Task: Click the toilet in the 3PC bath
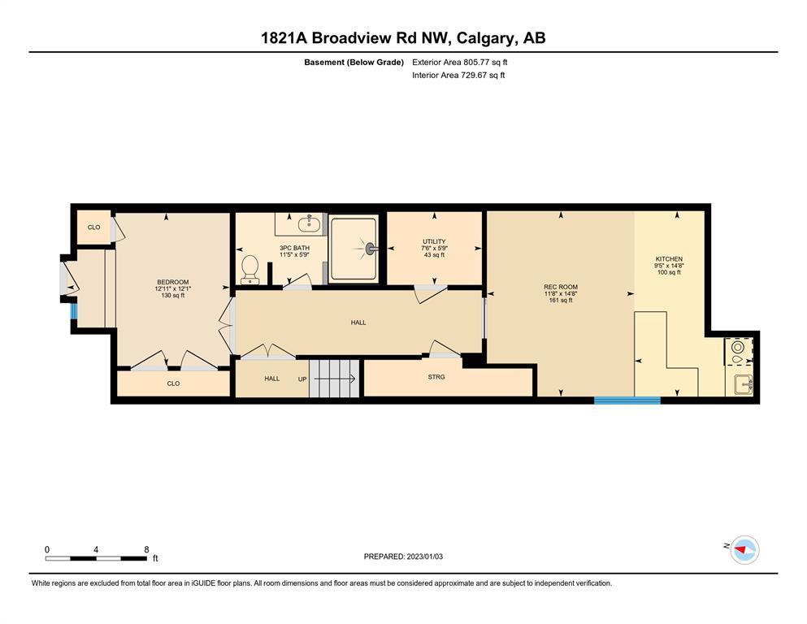[250, 269]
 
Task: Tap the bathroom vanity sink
[309, 224]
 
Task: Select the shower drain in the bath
[370, 249]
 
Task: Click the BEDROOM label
[173, 282]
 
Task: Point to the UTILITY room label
[434, 241]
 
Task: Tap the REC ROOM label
[561, 287]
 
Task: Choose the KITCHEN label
[669, 258]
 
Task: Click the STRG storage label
[436, 377]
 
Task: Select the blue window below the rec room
[627, 401]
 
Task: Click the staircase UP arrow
[335, 379]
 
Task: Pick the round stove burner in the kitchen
[737, 347]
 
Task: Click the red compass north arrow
[741, 550]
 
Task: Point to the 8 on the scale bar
[146, 549]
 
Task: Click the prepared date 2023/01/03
[424, 557]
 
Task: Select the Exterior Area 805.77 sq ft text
[460, 63]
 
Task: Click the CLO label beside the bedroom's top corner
[93, 227]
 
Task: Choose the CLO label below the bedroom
[173, 383]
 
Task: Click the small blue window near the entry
[74, 311]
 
